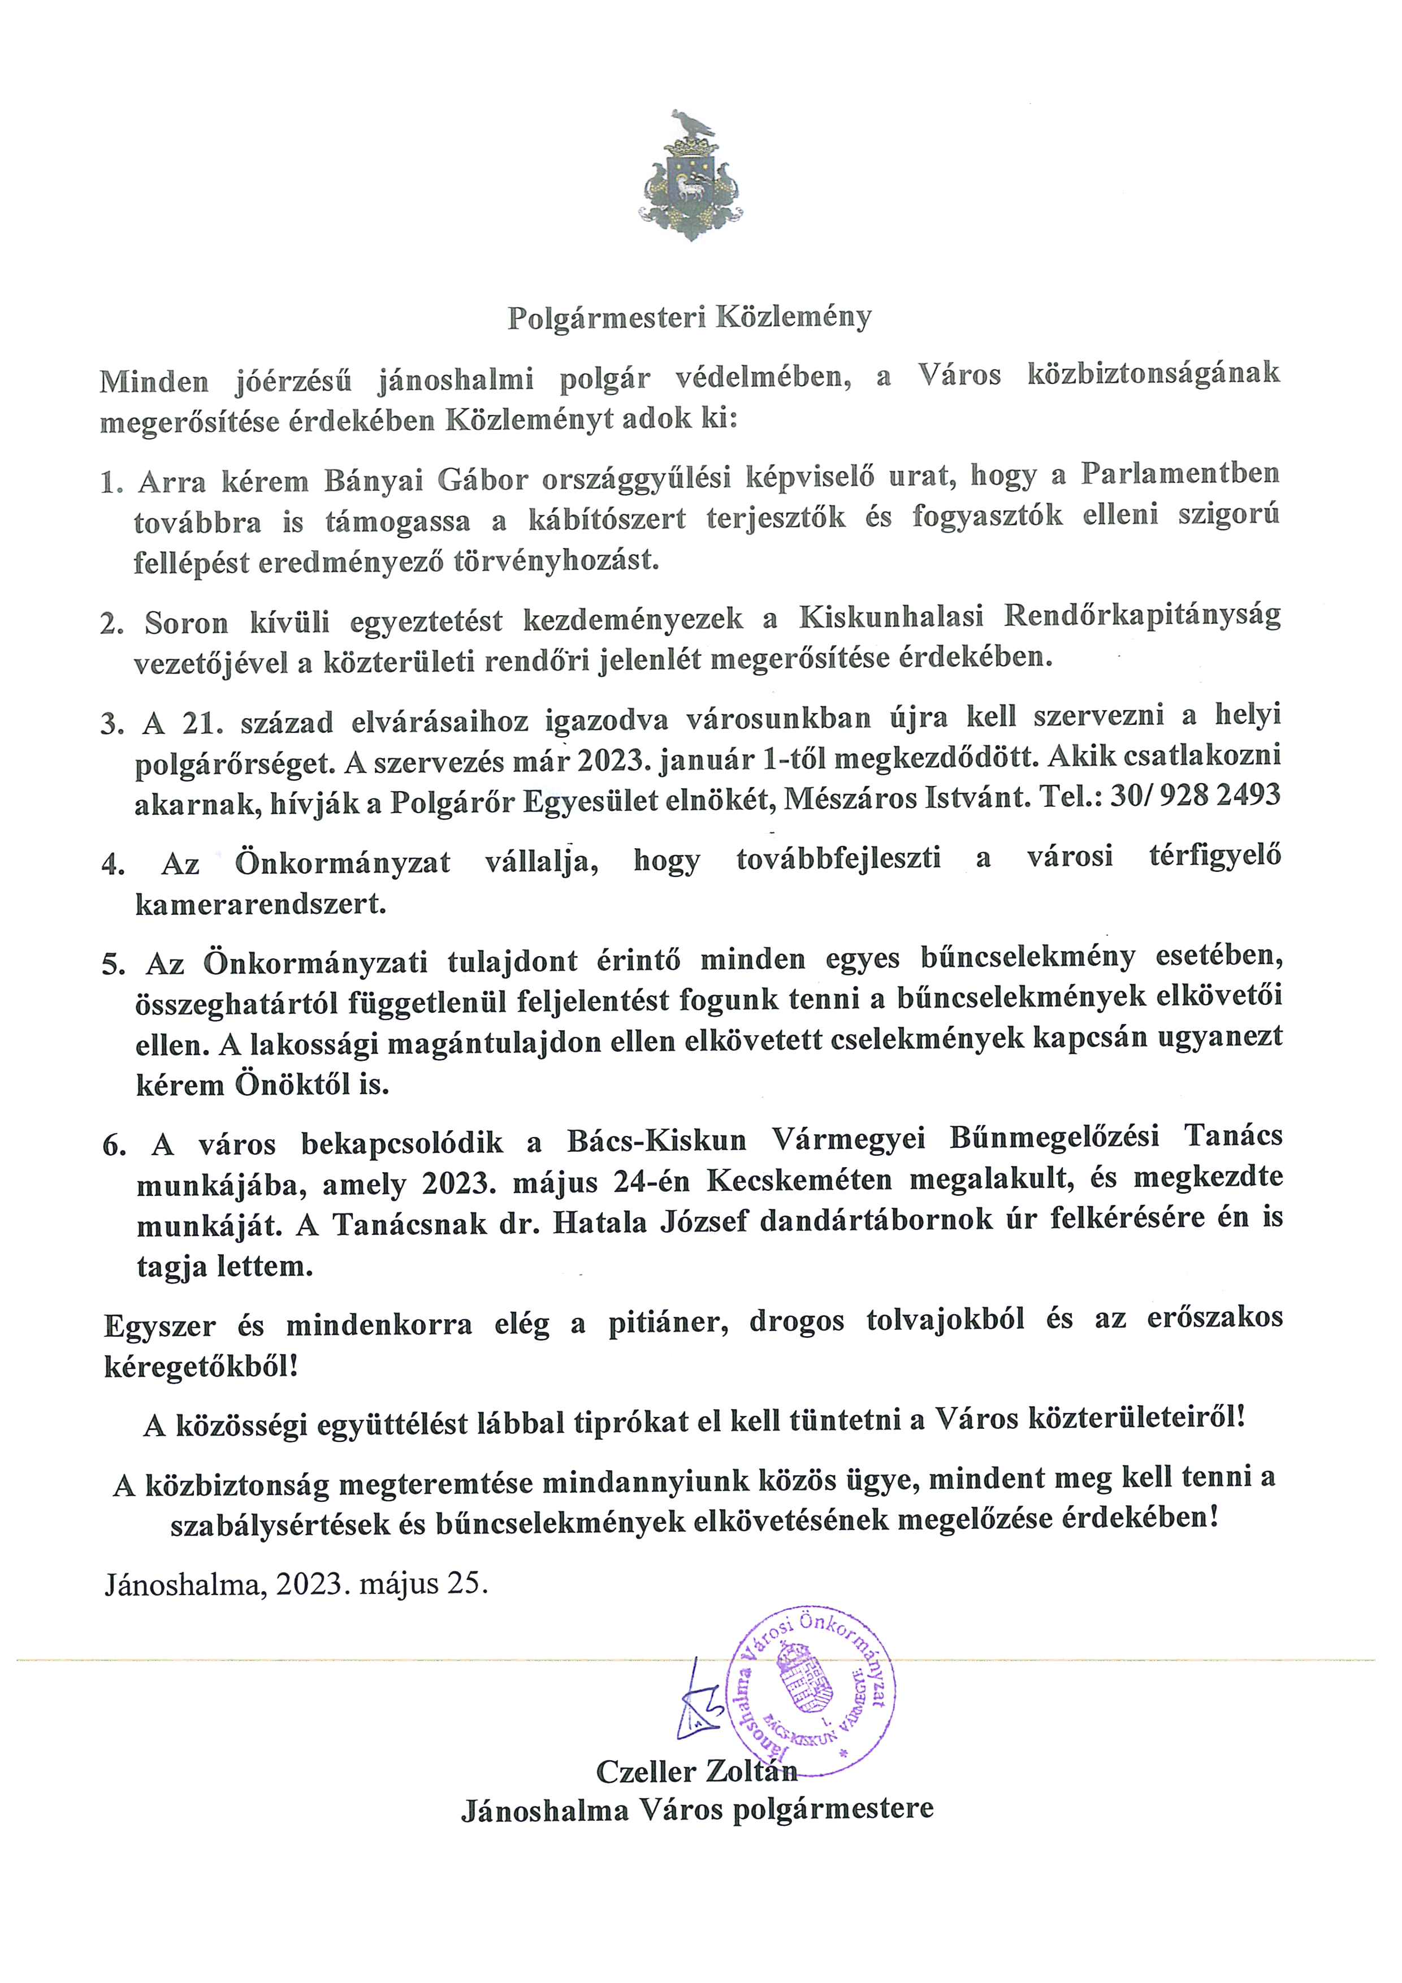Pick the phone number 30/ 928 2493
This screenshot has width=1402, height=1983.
(x=1195, y=796)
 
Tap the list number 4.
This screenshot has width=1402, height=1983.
(x=112, y=865)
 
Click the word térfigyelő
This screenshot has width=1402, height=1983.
(x=1215, y=858)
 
